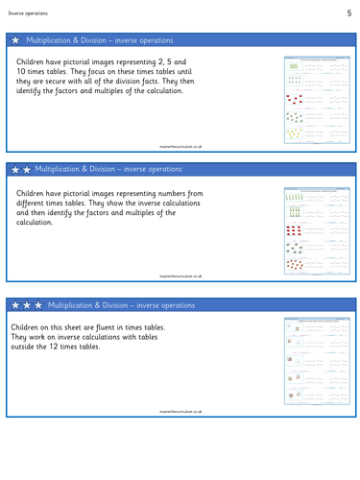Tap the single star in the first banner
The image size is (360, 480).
click(x=15, y=40)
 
